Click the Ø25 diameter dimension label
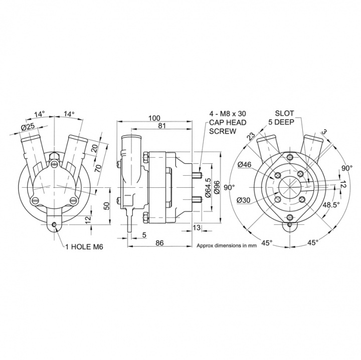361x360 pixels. [x=29, y=127]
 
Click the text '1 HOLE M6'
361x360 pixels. [x=84, y=247]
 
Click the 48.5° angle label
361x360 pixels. [x=331, y=205]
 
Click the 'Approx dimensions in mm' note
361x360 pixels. [x=226, y=246]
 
